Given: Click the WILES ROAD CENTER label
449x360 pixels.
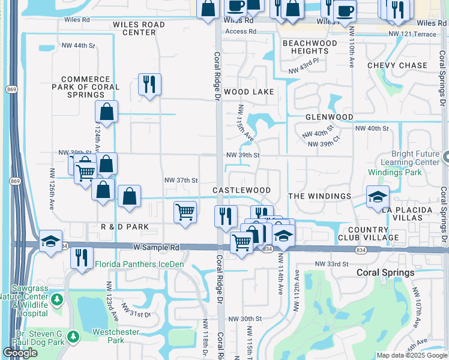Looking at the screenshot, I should [x=139, y=28].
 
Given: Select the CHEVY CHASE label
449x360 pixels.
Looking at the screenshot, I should [x=397, y=65].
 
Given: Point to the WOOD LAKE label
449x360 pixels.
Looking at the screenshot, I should [x=249, y=92].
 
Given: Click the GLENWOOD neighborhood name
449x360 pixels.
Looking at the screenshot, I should [x=329, y=117].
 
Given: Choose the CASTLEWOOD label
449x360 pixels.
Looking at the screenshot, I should [x=241, y=190].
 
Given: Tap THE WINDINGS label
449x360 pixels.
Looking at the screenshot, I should [x=319, y=196].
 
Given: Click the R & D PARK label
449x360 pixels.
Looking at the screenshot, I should [x=125, y=227].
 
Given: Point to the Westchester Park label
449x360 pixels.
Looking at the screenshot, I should [x=116, y=336].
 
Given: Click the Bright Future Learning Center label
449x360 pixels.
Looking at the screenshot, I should [x=415, y=158].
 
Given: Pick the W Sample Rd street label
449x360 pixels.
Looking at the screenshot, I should [x=157, y=247].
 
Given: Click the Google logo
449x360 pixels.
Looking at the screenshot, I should [x=20, y=353].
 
